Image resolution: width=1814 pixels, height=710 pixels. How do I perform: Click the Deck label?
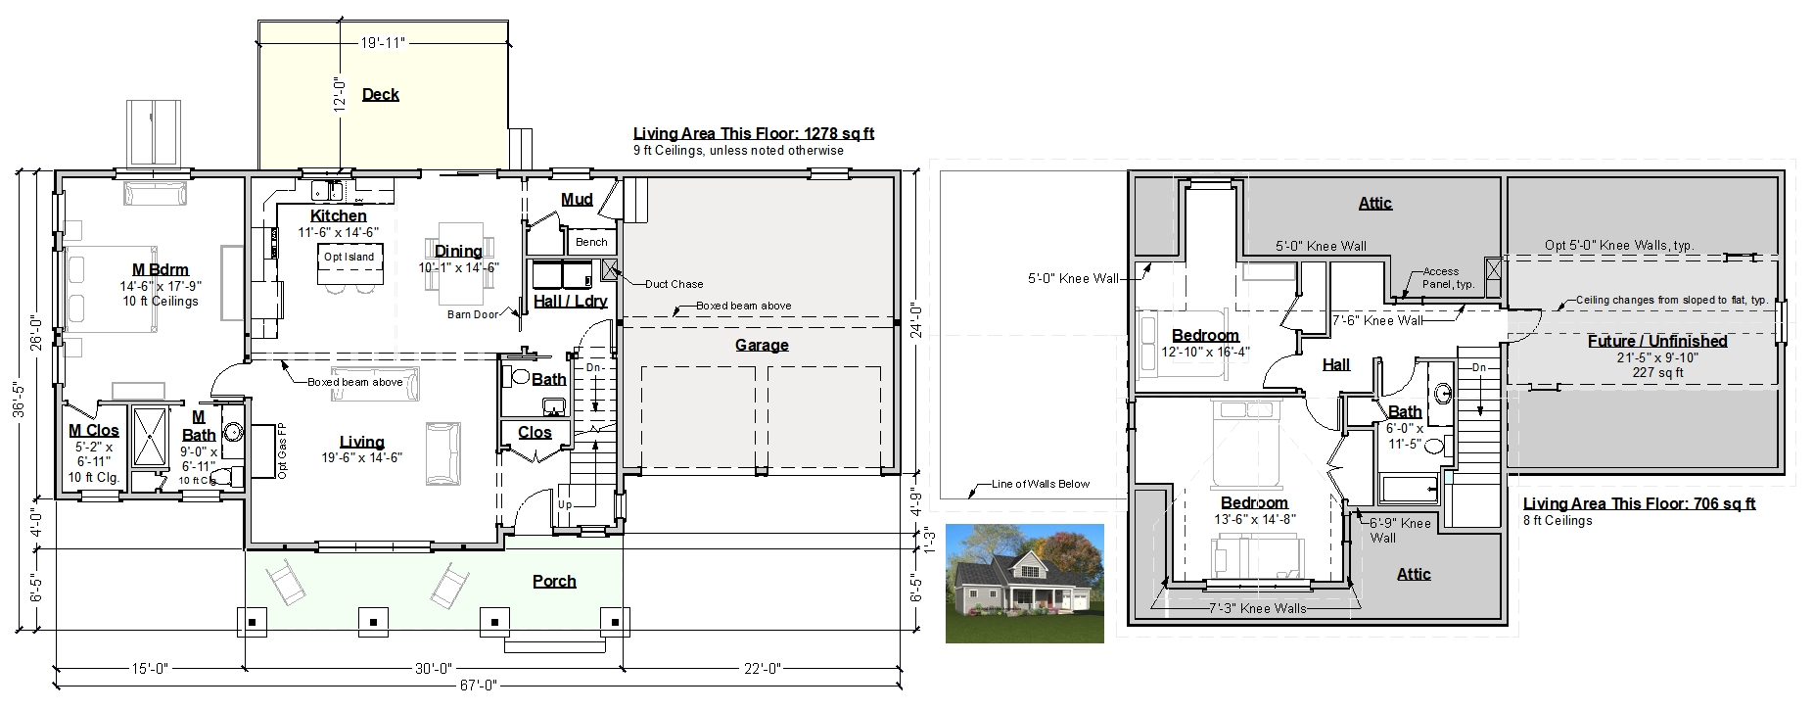[x=380, y=94]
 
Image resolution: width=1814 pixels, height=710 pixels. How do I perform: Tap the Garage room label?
[x=762, y=345]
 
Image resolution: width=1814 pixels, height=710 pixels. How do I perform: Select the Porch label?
[x=554, y=581]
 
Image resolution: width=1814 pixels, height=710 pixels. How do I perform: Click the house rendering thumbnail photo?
[x=1025, y=584]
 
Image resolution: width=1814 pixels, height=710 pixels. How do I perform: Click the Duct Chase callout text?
[x=674, y=284]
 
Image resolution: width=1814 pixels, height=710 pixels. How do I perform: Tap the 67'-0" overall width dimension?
[x=476, y=686]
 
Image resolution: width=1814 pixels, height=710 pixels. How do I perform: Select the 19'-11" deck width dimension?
[x=382, y=42]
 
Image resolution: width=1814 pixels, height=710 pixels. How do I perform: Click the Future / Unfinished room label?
[x=1656, y=341]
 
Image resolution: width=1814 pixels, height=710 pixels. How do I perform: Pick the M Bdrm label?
[x=161, y=269]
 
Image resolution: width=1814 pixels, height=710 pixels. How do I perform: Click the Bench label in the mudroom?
[x=591, y=242]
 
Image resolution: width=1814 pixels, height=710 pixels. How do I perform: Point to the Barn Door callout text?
[x=472, y=314]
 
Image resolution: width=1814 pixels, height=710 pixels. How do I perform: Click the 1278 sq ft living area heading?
[x=754, y=134]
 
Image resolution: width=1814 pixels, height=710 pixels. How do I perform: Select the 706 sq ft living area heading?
[x=1639, y=503]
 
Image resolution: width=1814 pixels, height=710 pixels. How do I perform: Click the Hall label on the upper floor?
[x=1336, y=364]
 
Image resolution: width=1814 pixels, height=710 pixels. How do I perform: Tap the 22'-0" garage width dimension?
[x=760, y=669]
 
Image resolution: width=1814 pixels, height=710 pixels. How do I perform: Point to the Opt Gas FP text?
[x=282, y=451]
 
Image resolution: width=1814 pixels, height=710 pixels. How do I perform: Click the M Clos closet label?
[x=94, y=430]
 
